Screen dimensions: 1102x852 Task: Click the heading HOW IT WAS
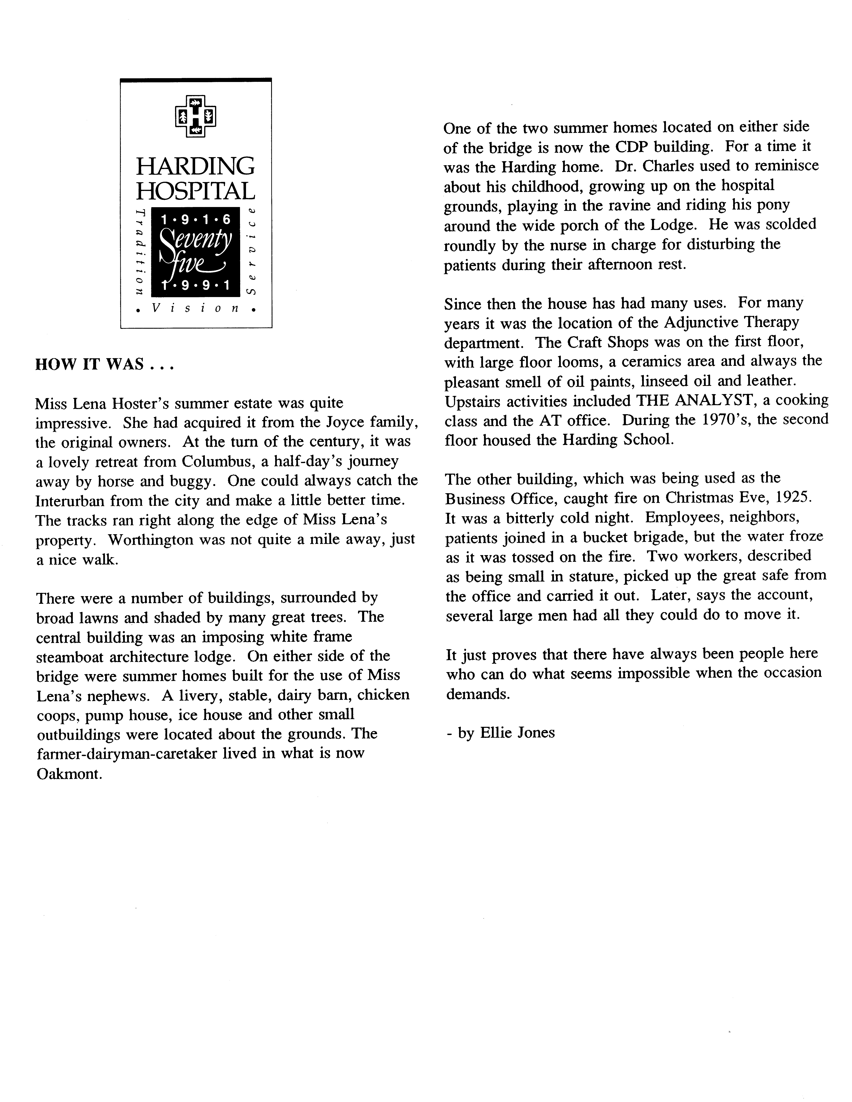[104, 364]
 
